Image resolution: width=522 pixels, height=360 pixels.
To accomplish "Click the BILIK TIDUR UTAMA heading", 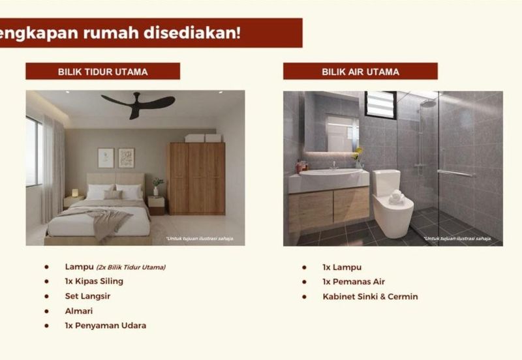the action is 103,72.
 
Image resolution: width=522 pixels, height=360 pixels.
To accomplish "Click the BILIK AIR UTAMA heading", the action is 361,72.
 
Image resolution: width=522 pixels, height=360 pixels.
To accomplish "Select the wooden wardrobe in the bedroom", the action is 197,179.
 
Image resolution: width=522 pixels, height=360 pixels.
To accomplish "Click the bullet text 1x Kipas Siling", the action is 94,281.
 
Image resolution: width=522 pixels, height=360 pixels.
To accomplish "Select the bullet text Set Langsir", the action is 87,296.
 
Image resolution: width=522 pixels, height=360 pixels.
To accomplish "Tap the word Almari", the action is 79,311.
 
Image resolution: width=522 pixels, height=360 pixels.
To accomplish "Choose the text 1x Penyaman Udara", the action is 106,325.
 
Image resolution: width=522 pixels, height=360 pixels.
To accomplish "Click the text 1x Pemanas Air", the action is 354,282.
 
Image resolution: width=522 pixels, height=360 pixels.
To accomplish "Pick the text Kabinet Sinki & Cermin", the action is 370,297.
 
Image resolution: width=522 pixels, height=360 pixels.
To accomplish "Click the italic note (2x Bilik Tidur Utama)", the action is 131,267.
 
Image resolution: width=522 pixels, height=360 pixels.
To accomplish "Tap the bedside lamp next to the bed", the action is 75,192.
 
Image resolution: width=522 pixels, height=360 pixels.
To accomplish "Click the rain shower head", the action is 428,104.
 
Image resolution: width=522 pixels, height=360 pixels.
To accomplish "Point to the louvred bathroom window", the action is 380,104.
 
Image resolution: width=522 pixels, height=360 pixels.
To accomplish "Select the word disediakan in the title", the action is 192,33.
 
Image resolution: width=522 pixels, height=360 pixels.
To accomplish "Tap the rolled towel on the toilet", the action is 397,197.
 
